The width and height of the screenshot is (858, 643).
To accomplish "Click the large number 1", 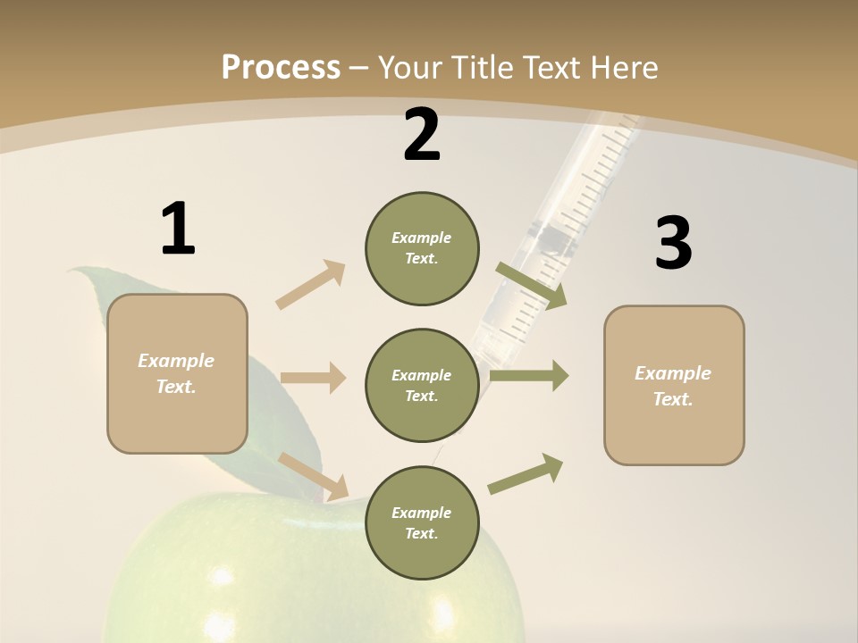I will tap(178, 230).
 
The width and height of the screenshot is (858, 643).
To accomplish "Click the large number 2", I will tap(422, 136).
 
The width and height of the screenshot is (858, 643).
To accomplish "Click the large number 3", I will tap(674, 244).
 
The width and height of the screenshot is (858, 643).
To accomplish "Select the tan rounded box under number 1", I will tap(177, 372).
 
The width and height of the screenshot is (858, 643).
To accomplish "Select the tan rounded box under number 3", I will tap(674, 385).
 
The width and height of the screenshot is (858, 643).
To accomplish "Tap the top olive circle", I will tap(422, 248).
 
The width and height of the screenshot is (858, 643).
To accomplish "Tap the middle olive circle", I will tap(422, 385).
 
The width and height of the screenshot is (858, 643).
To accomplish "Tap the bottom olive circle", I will tap(422, 522).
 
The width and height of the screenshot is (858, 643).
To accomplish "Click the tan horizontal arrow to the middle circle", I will tap(313, 378).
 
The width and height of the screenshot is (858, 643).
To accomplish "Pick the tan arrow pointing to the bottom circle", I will tap(313, 476).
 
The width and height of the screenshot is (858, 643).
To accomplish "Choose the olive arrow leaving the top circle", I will tap(531, 286).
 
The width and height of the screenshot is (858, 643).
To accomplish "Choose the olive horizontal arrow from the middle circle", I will tap(529, 376).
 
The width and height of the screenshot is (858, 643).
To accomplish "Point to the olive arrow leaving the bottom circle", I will tap(526, 474).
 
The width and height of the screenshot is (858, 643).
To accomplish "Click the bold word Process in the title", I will tap(281, 67).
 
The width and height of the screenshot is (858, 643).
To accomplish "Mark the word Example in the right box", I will tap(673, 373).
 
